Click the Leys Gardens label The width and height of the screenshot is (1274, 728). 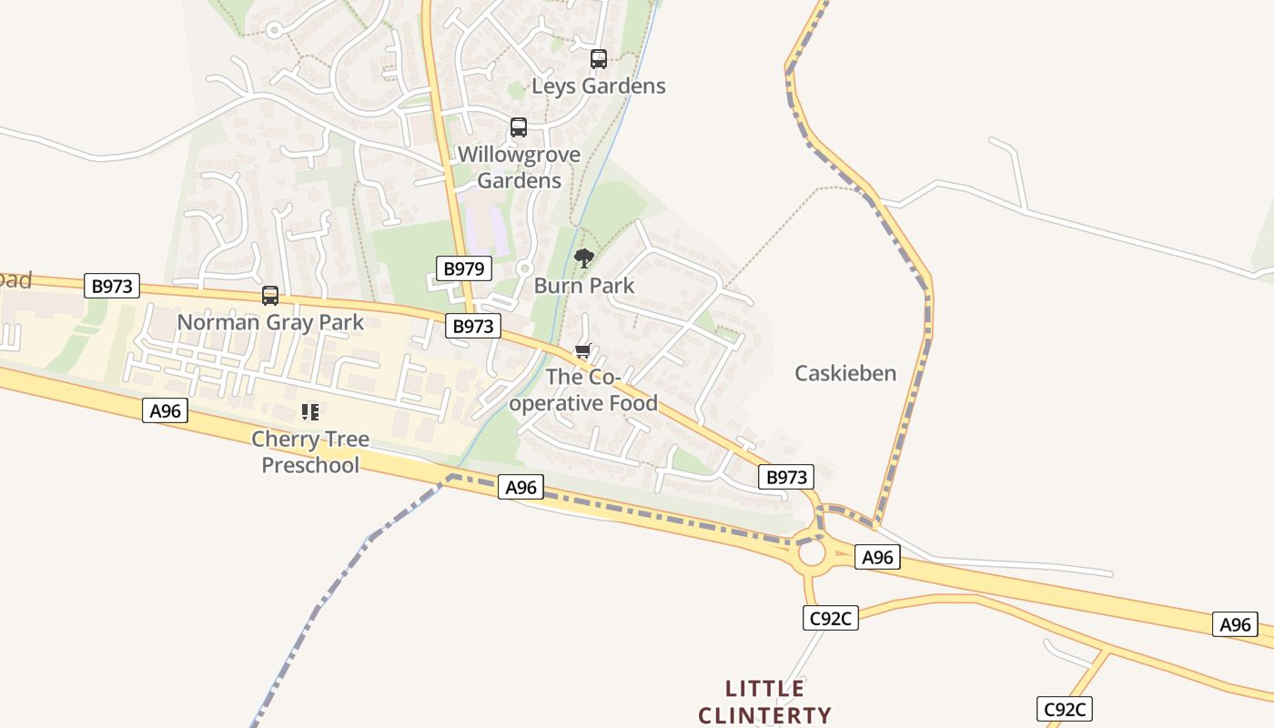tap(599, 86)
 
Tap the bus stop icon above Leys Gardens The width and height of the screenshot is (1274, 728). tap(599, 59)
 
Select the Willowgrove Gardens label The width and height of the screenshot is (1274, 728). tap(519, 167)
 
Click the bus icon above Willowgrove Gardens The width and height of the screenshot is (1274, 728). tap(519, 127)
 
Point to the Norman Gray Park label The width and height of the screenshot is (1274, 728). tap(270, 322)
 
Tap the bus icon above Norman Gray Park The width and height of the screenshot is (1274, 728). tap(270, 296)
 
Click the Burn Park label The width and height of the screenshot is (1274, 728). tap(584, 286)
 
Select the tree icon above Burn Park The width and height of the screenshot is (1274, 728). tap(584, 258)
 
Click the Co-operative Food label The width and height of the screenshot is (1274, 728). tap(583, 389)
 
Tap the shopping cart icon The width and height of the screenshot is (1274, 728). tap(583, 351)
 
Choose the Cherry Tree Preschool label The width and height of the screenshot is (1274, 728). tap(310, 452)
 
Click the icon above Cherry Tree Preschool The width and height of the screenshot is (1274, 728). tap(310, 412)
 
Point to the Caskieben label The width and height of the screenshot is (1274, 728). tap(845, 373)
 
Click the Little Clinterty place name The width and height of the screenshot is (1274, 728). tap(764, 702)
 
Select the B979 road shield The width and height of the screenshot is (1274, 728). tap(464, 268)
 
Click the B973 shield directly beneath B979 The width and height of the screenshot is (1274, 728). tap(473, 326)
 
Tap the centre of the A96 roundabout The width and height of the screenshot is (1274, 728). tap(810, 552)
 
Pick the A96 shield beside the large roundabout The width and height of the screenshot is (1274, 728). tap(877, 558)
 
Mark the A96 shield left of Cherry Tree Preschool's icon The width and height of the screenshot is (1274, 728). tap(165, 411)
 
